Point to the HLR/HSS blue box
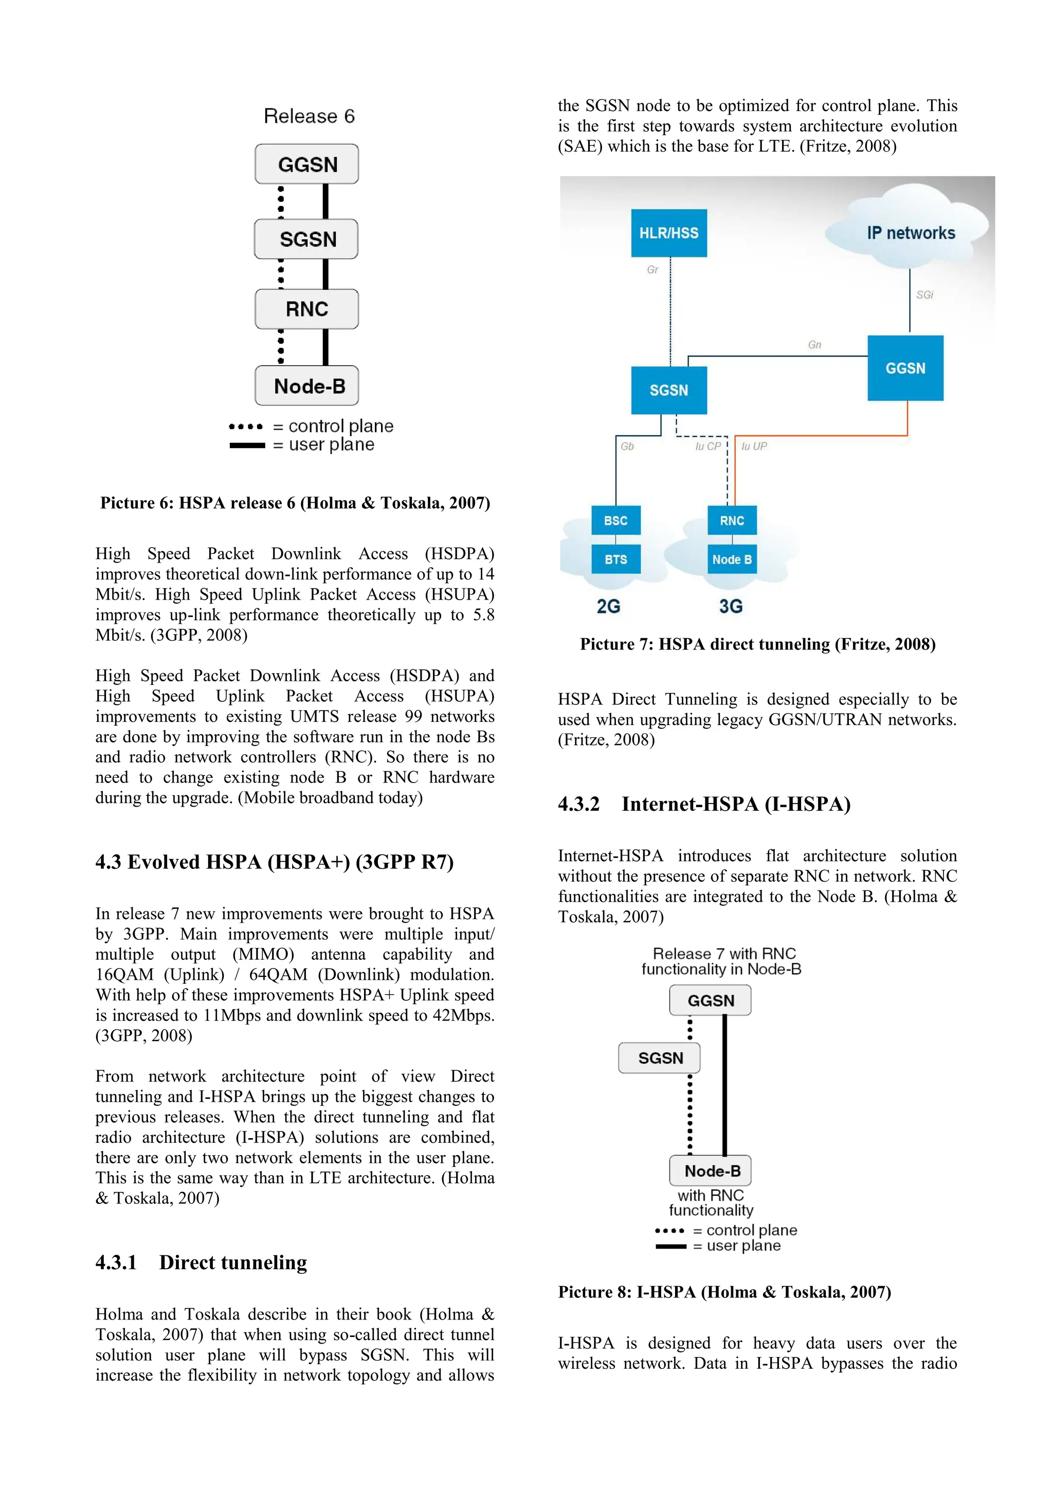pyautogui.click(x=668, y=233)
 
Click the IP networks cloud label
pyautogui.click(x=911, y=233)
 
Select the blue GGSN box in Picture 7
pyautogui.click(x=905, y=368)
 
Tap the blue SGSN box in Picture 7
pyautogui.click(x=668, y=390)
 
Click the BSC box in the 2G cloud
pyautogui.click(x=615, y=520)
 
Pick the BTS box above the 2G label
pyautogui.click(x=615, y=560)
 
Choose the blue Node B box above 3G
pyautogui.click(x=732, y=560)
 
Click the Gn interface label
pyautogui.click(x=814, y=345)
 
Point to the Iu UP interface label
pyautogui.click(x=754, y=447)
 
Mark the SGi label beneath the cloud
pyautogui.click(x=924, y=295)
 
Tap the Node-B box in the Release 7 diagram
pyautogui.click(x=711, y=1171)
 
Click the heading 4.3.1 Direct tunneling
pyautogui.click(x=201, y=1262)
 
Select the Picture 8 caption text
pyautogui.click(x=724, y=1292)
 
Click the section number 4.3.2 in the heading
pyautogui.click(x=578, y=804)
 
